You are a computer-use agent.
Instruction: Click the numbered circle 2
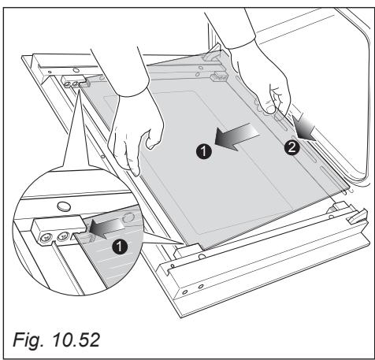point(291,147)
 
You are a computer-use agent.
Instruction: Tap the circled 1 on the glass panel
point(204,151)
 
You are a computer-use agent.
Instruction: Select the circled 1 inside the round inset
point(120,247)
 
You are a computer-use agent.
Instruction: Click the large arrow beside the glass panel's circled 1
point(237,136)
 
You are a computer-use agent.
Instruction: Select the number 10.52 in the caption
point(76,340)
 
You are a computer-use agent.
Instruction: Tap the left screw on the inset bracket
point(46,239)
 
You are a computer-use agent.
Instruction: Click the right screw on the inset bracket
point(62,236)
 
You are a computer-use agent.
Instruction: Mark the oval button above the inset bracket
point(64,206)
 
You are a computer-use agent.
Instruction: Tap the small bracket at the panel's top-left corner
point(76,82)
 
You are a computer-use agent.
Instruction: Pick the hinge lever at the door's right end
point(358,216)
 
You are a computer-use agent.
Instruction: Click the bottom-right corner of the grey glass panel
point(350,188)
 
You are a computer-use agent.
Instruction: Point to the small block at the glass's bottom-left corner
point(187,250)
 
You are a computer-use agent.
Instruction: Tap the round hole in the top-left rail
point(76,70)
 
